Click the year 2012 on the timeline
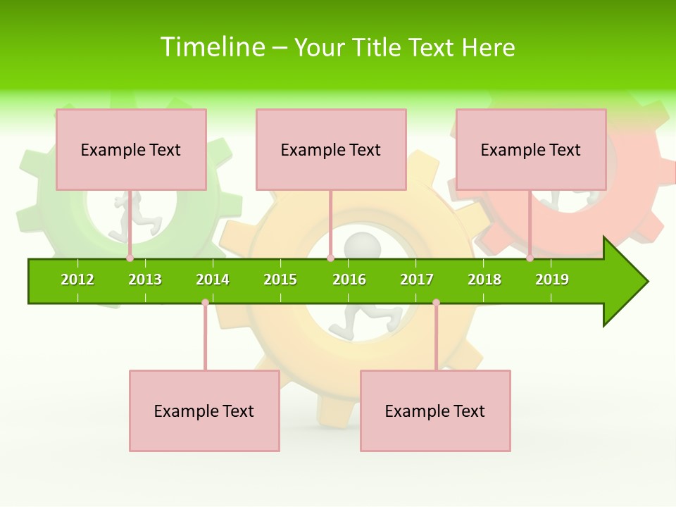pos(77,280)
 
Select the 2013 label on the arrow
pos(145,280)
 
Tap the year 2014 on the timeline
pos(213,280)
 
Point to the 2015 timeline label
pos(280,280)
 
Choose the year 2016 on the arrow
pos(349,280)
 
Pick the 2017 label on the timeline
pos(417,280)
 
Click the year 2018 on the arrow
pos(484,280)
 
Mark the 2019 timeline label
pos(552,280)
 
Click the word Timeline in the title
pos(213,47)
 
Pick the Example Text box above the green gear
pos(131,149)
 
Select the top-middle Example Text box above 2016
pos(331,149)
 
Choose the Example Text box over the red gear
pos(531,149)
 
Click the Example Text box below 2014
pos(204,411)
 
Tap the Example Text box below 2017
pos(435,411)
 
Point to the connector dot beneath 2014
pos(205,303)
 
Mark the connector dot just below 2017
pos(436,303)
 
